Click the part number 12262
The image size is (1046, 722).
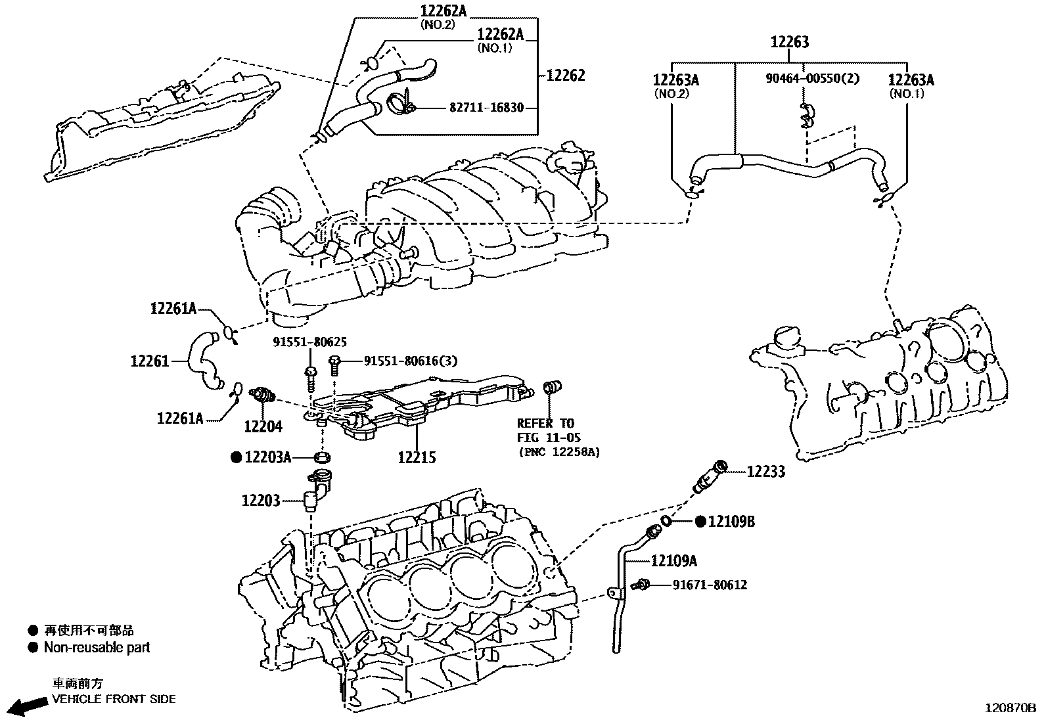[565, 75]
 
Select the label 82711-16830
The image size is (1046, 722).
[486, 107]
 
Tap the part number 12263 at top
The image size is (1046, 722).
[789, 42]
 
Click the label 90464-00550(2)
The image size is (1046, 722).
[811, 78]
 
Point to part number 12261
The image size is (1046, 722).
[149, 361]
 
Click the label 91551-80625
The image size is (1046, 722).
[310, 342]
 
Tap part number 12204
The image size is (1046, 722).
[263, 426]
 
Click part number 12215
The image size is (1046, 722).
[417, 457]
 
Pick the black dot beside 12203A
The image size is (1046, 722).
[236, 457]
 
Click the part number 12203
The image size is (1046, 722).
[261, 501]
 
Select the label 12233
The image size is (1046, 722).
[765, 472]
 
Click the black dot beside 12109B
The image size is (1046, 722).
[700, 522]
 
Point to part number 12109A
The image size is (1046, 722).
[674, 560]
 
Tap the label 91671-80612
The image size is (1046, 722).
[710, 585]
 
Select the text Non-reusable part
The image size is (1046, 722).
[97, 648]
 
